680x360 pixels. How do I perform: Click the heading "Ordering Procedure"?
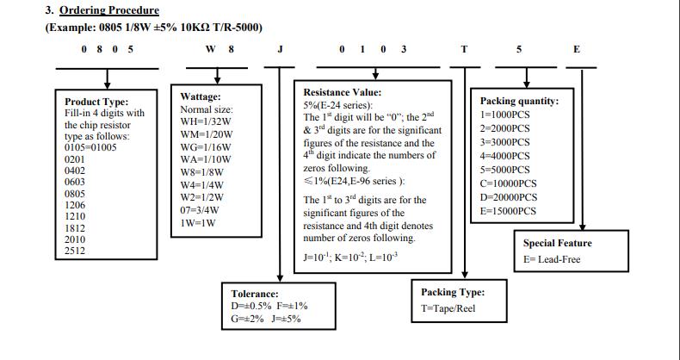(x=109, y=10)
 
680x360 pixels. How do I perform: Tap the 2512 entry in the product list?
(x=75, y=251)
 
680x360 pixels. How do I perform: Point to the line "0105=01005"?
(x=90, y=147)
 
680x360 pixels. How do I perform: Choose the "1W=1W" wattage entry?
(x=197, y=221)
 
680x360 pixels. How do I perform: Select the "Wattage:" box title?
(x=201, y=96)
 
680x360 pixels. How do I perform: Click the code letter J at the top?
(x=280, y=49)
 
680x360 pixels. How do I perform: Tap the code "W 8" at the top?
(x=220, y=49)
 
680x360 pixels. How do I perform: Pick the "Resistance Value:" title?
(x=343, y=92)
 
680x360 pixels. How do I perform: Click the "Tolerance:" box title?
(x=254, y=294)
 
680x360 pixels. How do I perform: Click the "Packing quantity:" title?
(x=519, y=101)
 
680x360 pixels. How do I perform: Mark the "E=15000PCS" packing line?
(x=508, y=210)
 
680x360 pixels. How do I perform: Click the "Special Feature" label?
(x=557, y=243)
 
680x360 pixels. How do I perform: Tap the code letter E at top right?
(x=577, y=49)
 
